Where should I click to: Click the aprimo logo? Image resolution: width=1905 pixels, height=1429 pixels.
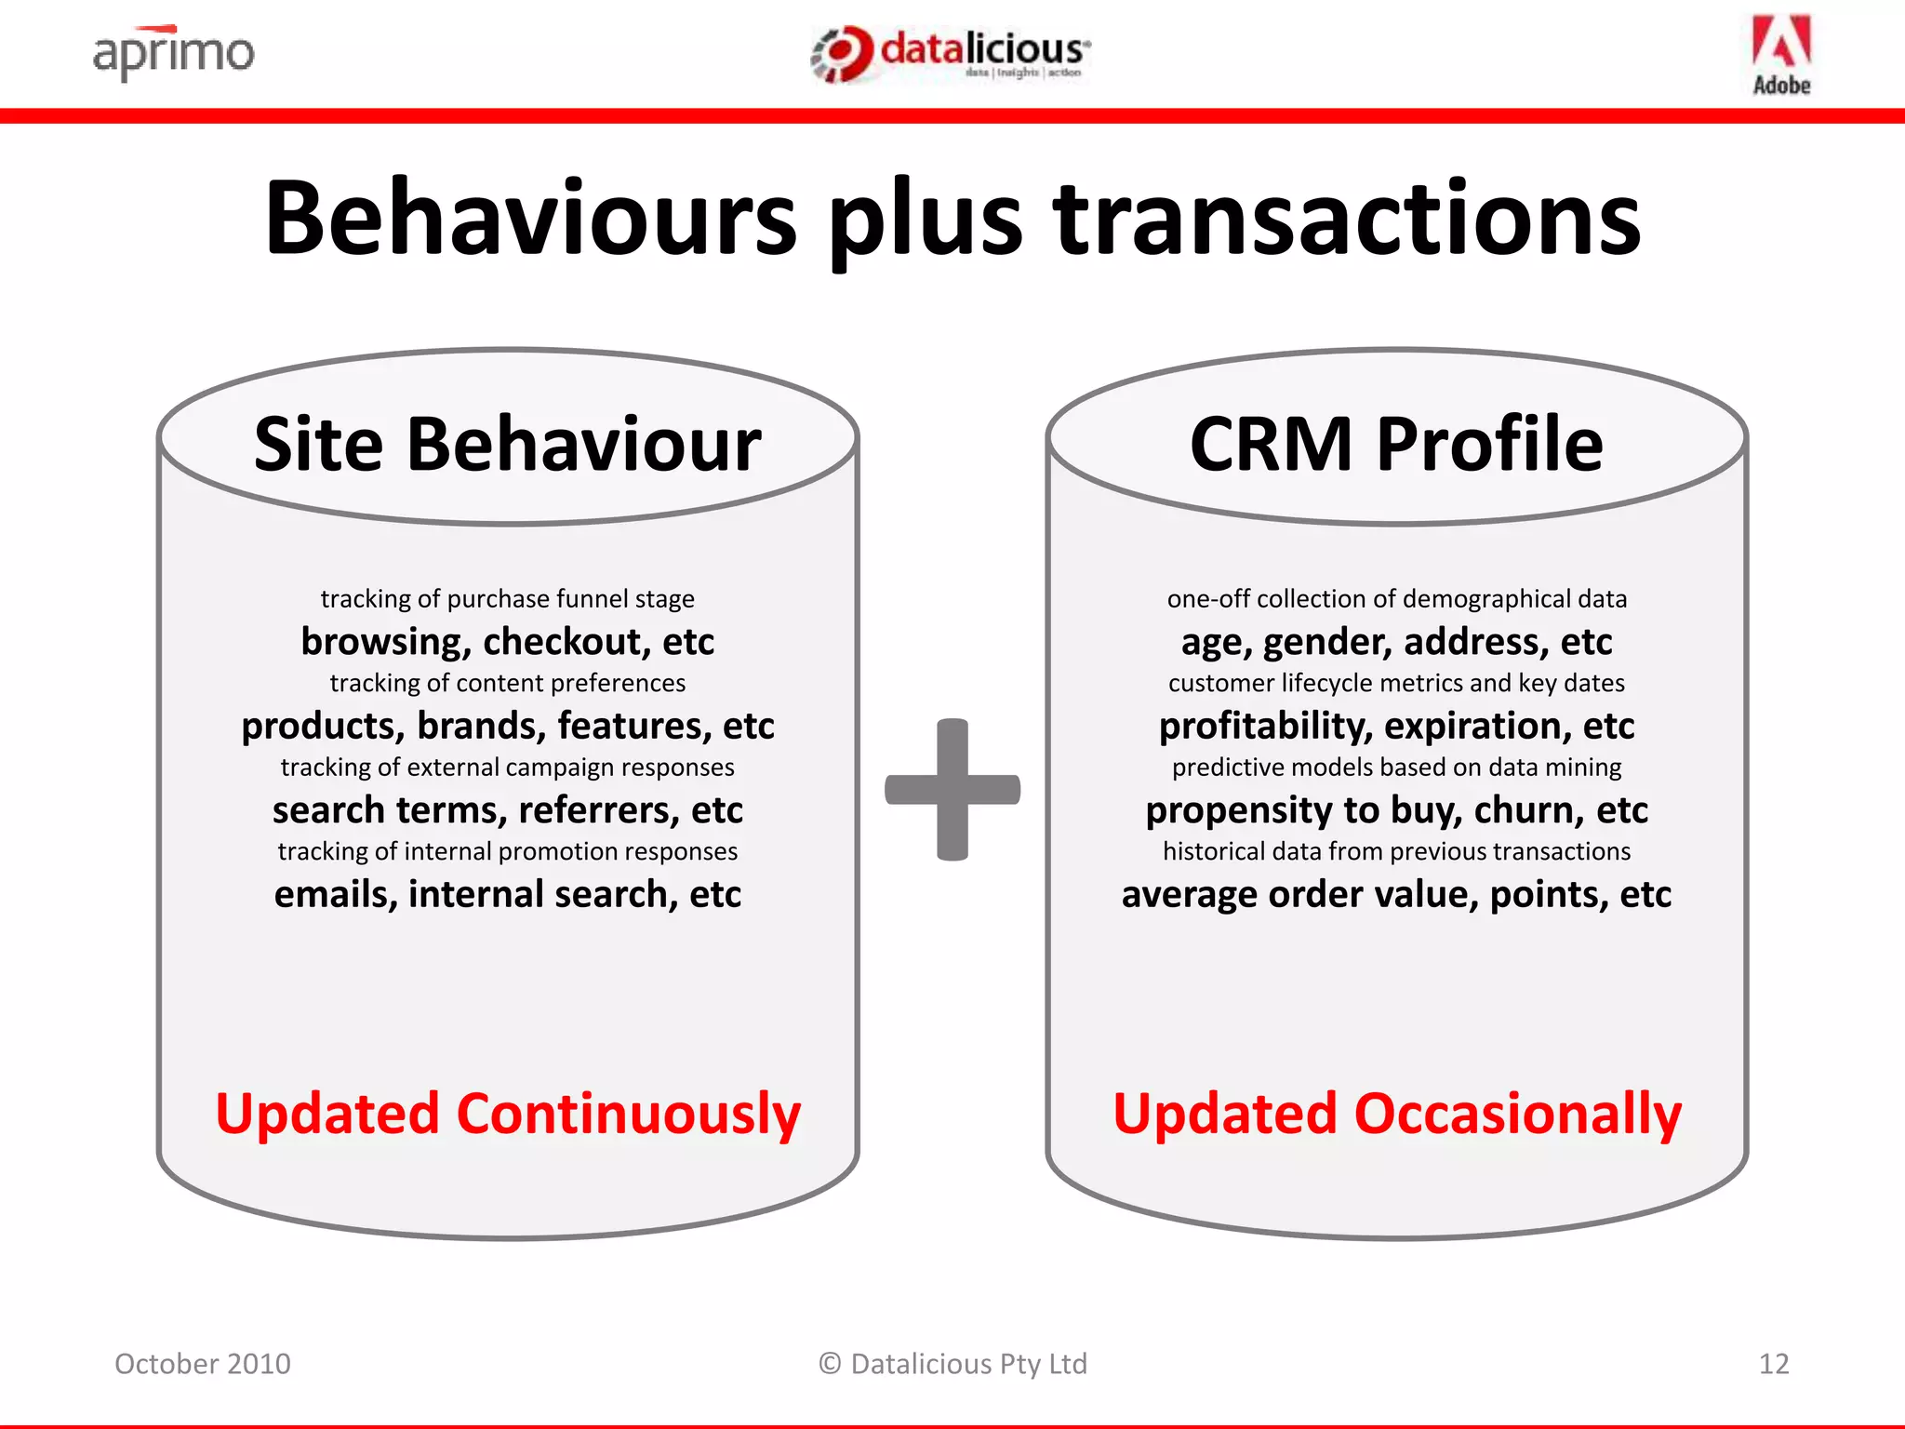coord(173,53)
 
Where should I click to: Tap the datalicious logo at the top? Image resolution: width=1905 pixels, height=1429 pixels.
coord(951,53)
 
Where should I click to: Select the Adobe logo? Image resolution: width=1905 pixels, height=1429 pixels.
coord(1781,54)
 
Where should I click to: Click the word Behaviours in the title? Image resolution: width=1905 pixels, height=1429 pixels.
coord(530,220)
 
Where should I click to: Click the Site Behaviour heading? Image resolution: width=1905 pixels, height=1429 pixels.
coord(508,445)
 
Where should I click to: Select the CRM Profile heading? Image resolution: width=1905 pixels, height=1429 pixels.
coord(1396,445)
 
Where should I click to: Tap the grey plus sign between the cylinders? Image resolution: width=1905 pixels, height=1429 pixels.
coord(952,790)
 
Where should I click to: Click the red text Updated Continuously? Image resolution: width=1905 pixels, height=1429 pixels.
coord(508,1114)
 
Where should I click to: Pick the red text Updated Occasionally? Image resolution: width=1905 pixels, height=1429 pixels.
coord(1397,1114)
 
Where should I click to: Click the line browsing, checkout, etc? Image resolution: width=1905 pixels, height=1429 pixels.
coord(508,642)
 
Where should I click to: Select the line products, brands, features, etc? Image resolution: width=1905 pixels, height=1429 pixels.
coord(508,726)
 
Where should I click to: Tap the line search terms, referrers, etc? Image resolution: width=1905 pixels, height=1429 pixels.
coord(508,810)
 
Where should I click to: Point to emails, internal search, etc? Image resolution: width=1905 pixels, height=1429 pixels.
coord(508,894)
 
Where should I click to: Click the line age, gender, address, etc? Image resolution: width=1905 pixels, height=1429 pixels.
coord(1396,642)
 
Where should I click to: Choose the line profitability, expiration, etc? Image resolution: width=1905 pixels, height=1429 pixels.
coord(1396,726)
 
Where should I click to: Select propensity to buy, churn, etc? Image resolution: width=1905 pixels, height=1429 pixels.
coord(1396,810)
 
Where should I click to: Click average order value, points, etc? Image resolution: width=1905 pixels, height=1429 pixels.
coord(1396,894)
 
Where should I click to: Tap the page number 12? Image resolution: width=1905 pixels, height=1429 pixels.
coord(1774,1364)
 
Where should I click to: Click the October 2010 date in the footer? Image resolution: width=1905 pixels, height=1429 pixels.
coord(203,1364)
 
